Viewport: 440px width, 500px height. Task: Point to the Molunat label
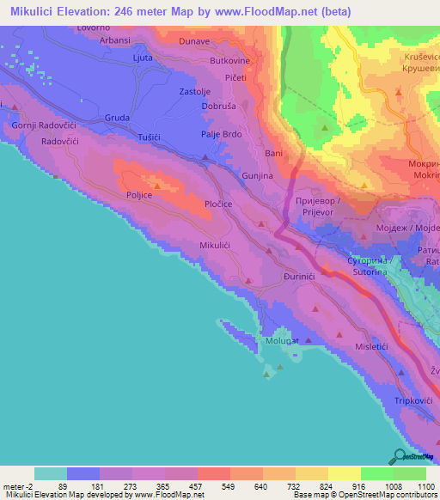coord(281,341)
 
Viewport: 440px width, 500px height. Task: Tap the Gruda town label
coord(117,118)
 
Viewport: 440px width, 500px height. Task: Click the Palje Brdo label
coord(221,134)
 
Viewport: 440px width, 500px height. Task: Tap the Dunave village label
coord(194,40)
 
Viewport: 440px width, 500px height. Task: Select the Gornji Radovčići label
coord(40,125)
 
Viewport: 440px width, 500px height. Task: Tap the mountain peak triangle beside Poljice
coord(156,183)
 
